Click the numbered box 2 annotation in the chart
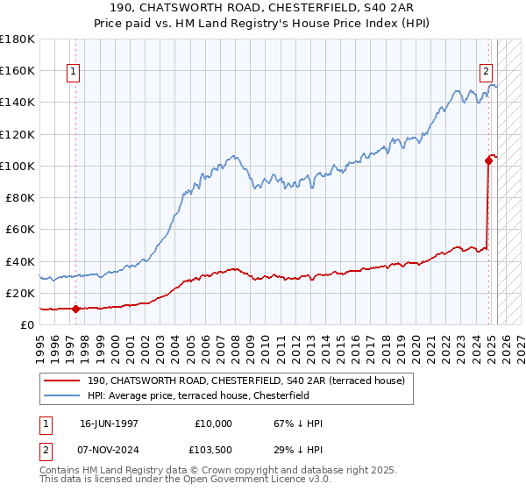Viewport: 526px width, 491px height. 486,73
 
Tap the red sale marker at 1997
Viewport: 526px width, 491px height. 75,309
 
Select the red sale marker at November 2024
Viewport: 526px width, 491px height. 488,160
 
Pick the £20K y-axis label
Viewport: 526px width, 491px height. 20,293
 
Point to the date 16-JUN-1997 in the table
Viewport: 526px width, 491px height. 109,423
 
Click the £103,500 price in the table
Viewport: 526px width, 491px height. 214,449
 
